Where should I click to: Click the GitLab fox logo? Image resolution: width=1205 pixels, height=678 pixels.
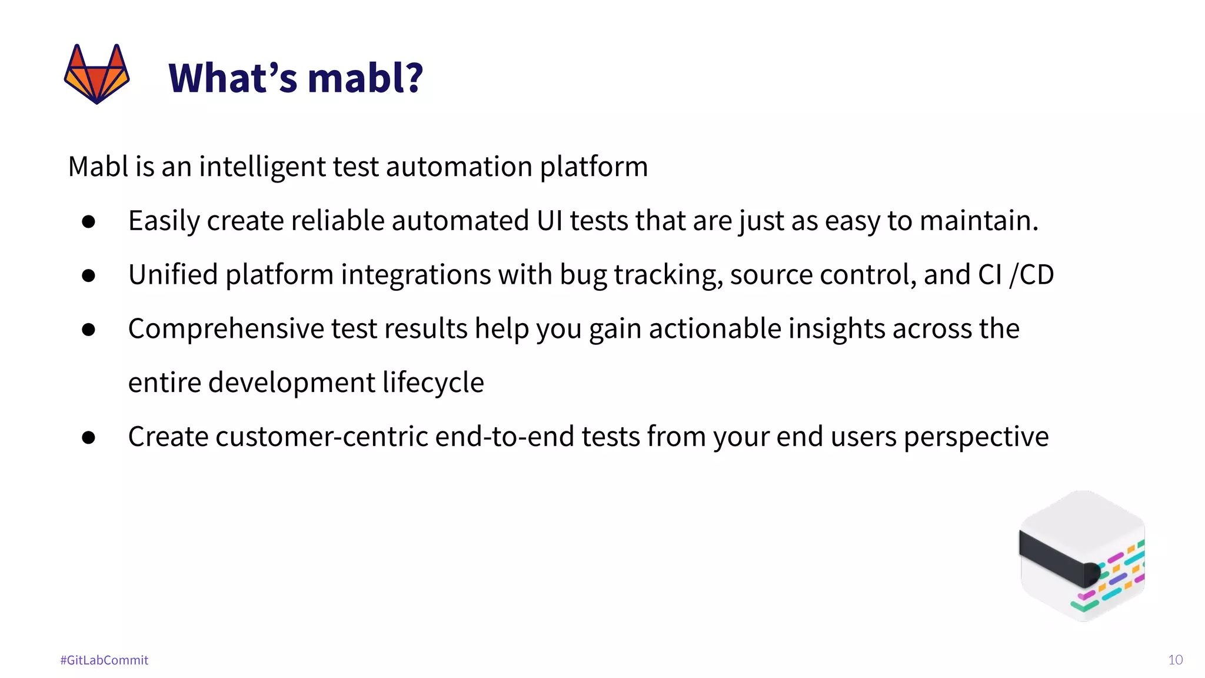click(x=96, y=74)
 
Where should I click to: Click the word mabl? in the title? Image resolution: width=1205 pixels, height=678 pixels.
click(x=365, y=78)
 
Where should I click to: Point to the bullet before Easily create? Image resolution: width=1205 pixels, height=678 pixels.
click(x=89, y=221)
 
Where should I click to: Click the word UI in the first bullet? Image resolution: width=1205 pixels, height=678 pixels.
click(x=550, y=221)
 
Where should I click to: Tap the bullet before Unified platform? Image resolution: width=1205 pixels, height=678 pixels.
click(x=89, y=275)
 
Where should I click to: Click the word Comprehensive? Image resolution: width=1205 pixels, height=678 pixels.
click(x=226, y=330)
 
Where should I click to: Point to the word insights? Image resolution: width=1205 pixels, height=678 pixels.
click(x=836, y=328)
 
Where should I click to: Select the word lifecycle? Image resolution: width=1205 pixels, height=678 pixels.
click(x=433, y=383)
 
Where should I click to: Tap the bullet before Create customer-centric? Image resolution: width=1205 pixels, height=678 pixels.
click(x=89, y=437)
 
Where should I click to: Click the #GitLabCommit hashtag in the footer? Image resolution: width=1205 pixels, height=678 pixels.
click(x=104, y=660)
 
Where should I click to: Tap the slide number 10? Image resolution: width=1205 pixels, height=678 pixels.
click(x=1175, y=660)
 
